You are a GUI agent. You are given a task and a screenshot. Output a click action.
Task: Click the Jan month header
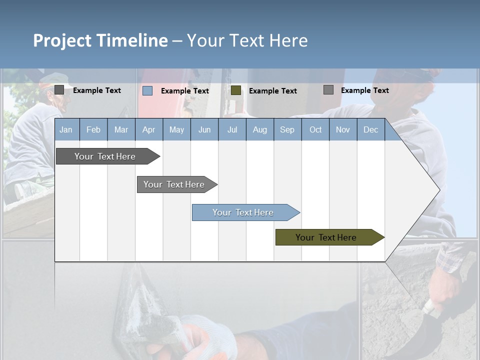click(66, 130)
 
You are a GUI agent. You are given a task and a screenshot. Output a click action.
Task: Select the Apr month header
click(149, 130)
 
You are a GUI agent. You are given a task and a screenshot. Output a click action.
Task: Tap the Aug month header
click(259, 130)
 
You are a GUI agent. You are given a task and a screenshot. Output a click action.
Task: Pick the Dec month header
click(370, 130)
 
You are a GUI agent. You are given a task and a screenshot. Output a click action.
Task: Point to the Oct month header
click(315, 130)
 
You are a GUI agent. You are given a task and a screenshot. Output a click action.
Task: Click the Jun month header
click(204, 130)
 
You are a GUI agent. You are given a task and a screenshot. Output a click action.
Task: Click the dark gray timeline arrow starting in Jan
click(105, 156)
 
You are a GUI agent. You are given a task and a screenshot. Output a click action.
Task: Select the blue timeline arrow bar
click(243, 212)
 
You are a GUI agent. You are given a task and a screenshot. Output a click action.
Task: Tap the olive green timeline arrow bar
click(326, 237)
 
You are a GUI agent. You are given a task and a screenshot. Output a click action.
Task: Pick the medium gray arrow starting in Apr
click(174, 184)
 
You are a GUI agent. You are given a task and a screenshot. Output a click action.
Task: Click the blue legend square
click(147, 90)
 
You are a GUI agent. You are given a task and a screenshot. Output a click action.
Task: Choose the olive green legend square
click(236, 90)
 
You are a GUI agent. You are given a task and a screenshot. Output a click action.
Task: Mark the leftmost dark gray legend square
click(59, 90)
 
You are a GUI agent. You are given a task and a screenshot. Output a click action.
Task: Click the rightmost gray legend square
click(328, 90)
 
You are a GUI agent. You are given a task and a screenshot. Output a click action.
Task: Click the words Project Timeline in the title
click(100, 40)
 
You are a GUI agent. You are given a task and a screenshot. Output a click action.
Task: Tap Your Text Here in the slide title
click(247, 40)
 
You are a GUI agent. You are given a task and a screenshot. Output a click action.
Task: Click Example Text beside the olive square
click(272, 91)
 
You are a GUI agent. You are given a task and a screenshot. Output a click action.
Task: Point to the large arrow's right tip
click(438, 190)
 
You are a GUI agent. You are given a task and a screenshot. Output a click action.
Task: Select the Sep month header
click(287, 130)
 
